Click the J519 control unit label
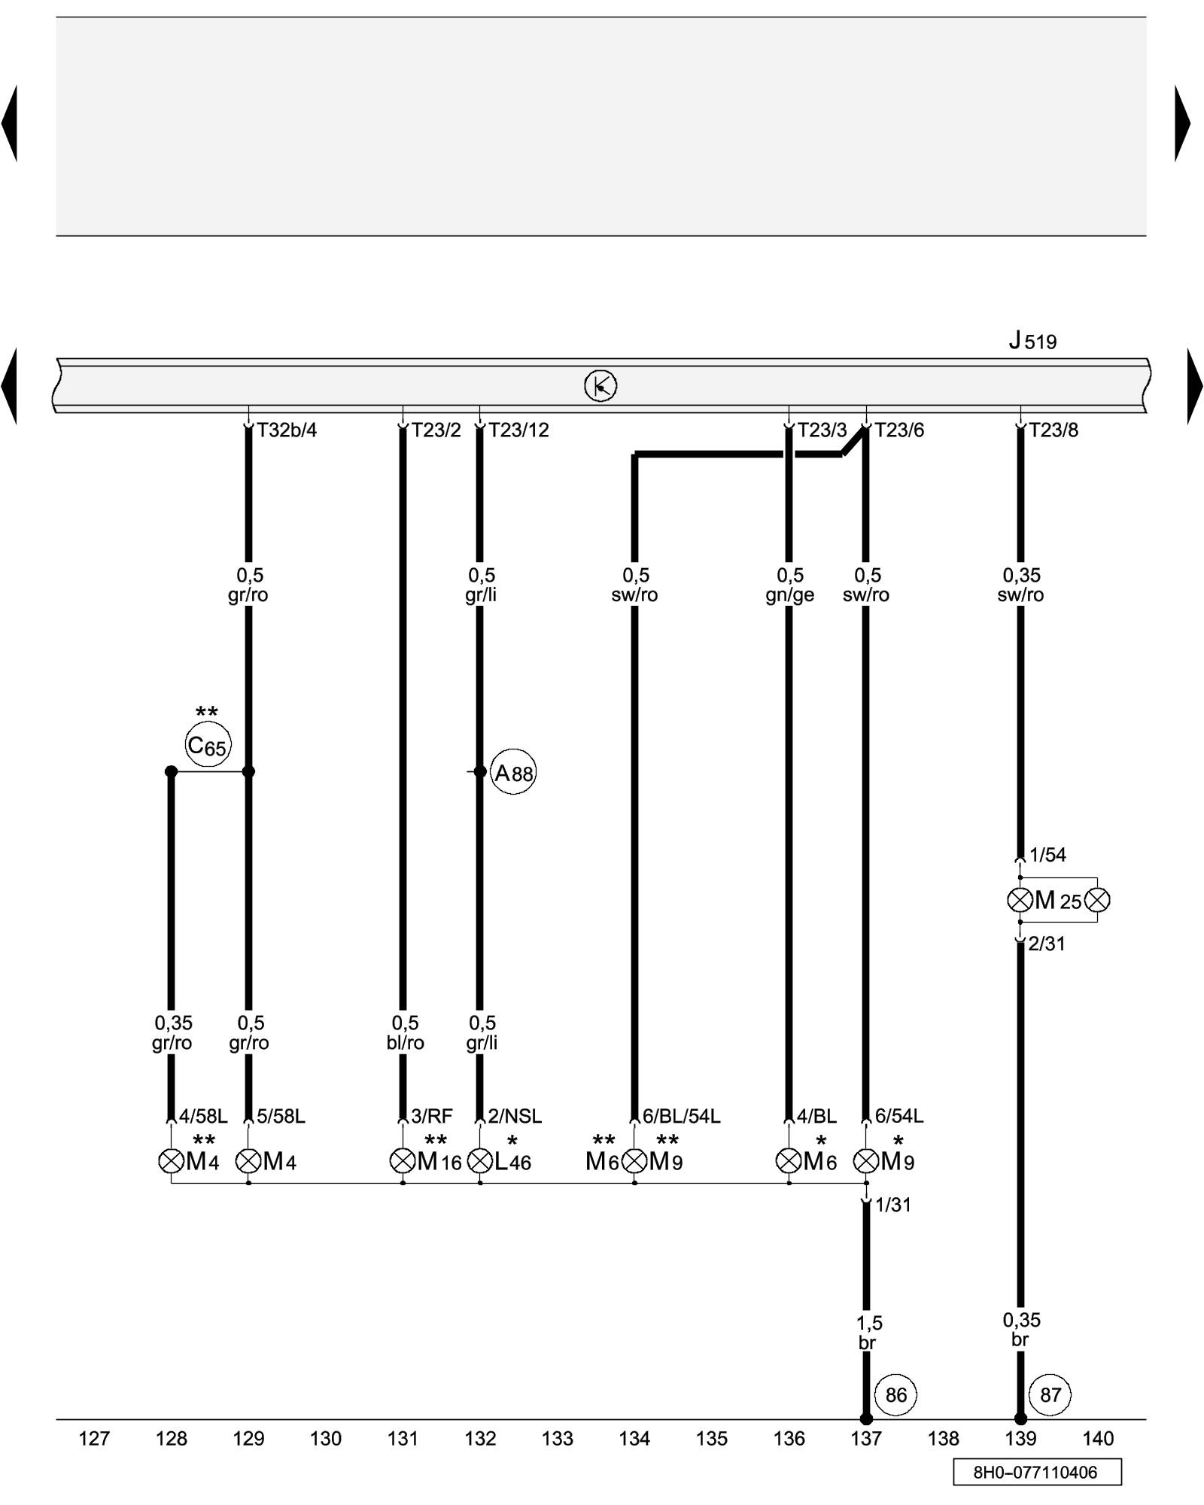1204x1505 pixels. tap(1032, 341)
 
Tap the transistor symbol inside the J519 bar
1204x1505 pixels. tap(600, 386)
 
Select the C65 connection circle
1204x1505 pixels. tap(208, 746)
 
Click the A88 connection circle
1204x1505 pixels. tap(513, 773)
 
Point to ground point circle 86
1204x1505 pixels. tap(895, 1394)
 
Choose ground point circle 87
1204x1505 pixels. tap(1050, 1394)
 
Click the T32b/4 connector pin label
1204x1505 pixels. tap(287, 430)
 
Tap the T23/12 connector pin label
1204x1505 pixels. tap(518, 430)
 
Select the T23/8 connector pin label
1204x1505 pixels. tap(1053, 430)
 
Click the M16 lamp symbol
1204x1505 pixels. tap(403, 1161)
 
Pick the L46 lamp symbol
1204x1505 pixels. tap(480, 1161)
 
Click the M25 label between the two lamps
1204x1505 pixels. tap(1058, 900)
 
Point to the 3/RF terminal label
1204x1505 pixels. tap(432, 1116)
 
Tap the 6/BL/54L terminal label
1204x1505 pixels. tap(681, 1116)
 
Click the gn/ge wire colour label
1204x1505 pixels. tap(789, 595)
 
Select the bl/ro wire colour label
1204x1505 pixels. tap(405, 1043)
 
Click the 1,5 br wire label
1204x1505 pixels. tap(868, 1332)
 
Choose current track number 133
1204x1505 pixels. tap(558, 1439)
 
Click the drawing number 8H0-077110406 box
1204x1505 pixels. tap(1036, 1472)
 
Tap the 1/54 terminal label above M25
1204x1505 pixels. tap(1047, 855)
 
